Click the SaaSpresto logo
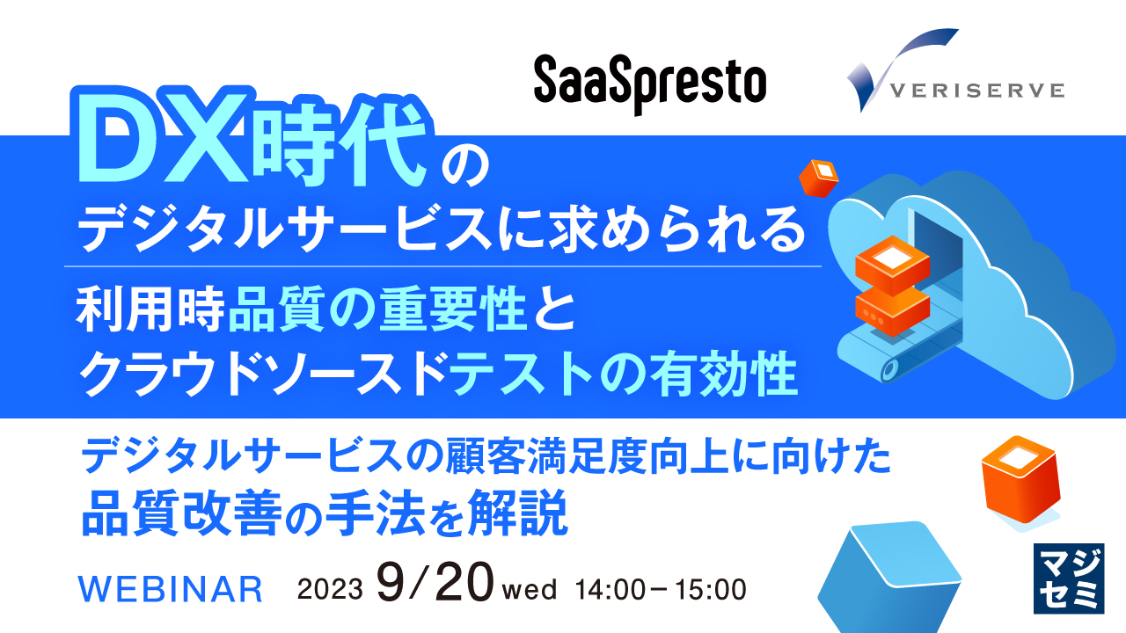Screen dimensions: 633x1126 tap(650, 84)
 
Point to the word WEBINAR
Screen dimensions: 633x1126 tap(172, 588)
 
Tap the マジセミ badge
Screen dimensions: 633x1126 tap(1066, 578)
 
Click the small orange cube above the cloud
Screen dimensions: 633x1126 tap(818, 178)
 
